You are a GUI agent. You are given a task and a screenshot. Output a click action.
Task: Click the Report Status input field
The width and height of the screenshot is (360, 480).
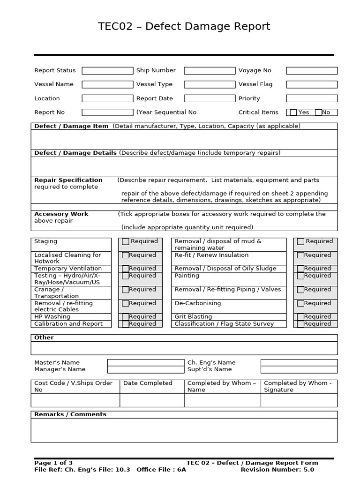pos(107,71)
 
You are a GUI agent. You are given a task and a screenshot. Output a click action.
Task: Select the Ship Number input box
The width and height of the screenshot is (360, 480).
pos(210,71)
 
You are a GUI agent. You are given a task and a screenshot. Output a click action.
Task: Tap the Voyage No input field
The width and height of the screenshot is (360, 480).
pos(312,71)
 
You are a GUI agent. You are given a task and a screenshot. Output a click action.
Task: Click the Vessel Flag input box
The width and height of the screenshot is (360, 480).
pos(312,85)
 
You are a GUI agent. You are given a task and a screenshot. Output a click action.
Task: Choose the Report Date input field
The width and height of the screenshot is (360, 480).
pos(210,98)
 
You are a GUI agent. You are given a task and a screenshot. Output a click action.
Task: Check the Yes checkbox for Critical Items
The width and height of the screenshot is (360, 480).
pos(293,112)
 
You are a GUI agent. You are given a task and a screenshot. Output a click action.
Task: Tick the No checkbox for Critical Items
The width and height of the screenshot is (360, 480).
pos(318,112)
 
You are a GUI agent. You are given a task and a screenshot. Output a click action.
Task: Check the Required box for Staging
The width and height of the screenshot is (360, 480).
pos(126,242)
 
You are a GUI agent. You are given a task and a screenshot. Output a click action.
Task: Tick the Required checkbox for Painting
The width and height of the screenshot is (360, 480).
pos(300,276)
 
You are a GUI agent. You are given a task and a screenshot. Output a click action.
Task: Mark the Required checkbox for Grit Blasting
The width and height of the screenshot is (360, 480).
pos(300,317)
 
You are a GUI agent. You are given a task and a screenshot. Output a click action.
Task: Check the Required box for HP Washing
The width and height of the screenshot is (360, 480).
pos(126,317)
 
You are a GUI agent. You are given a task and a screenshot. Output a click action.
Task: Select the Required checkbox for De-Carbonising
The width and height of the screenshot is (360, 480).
pos(300,304)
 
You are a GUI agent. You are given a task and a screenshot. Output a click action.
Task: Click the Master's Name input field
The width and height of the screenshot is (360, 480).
pos(145,362)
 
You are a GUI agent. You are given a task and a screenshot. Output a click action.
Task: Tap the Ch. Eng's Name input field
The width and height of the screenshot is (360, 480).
pos(299,362)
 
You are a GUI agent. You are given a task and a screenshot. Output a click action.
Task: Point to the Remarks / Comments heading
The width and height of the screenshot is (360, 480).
pos(70,414)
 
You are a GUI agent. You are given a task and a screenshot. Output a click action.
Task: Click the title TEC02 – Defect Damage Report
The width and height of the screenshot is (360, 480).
pos(184,27)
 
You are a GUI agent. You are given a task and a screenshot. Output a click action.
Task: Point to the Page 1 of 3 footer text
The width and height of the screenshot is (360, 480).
pos(53,463)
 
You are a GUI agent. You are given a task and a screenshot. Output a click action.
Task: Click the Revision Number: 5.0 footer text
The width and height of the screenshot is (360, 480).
pos(277,470)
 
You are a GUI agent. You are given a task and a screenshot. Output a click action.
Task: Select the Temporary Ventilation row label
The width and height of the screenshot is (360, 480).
pos(67,269)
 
